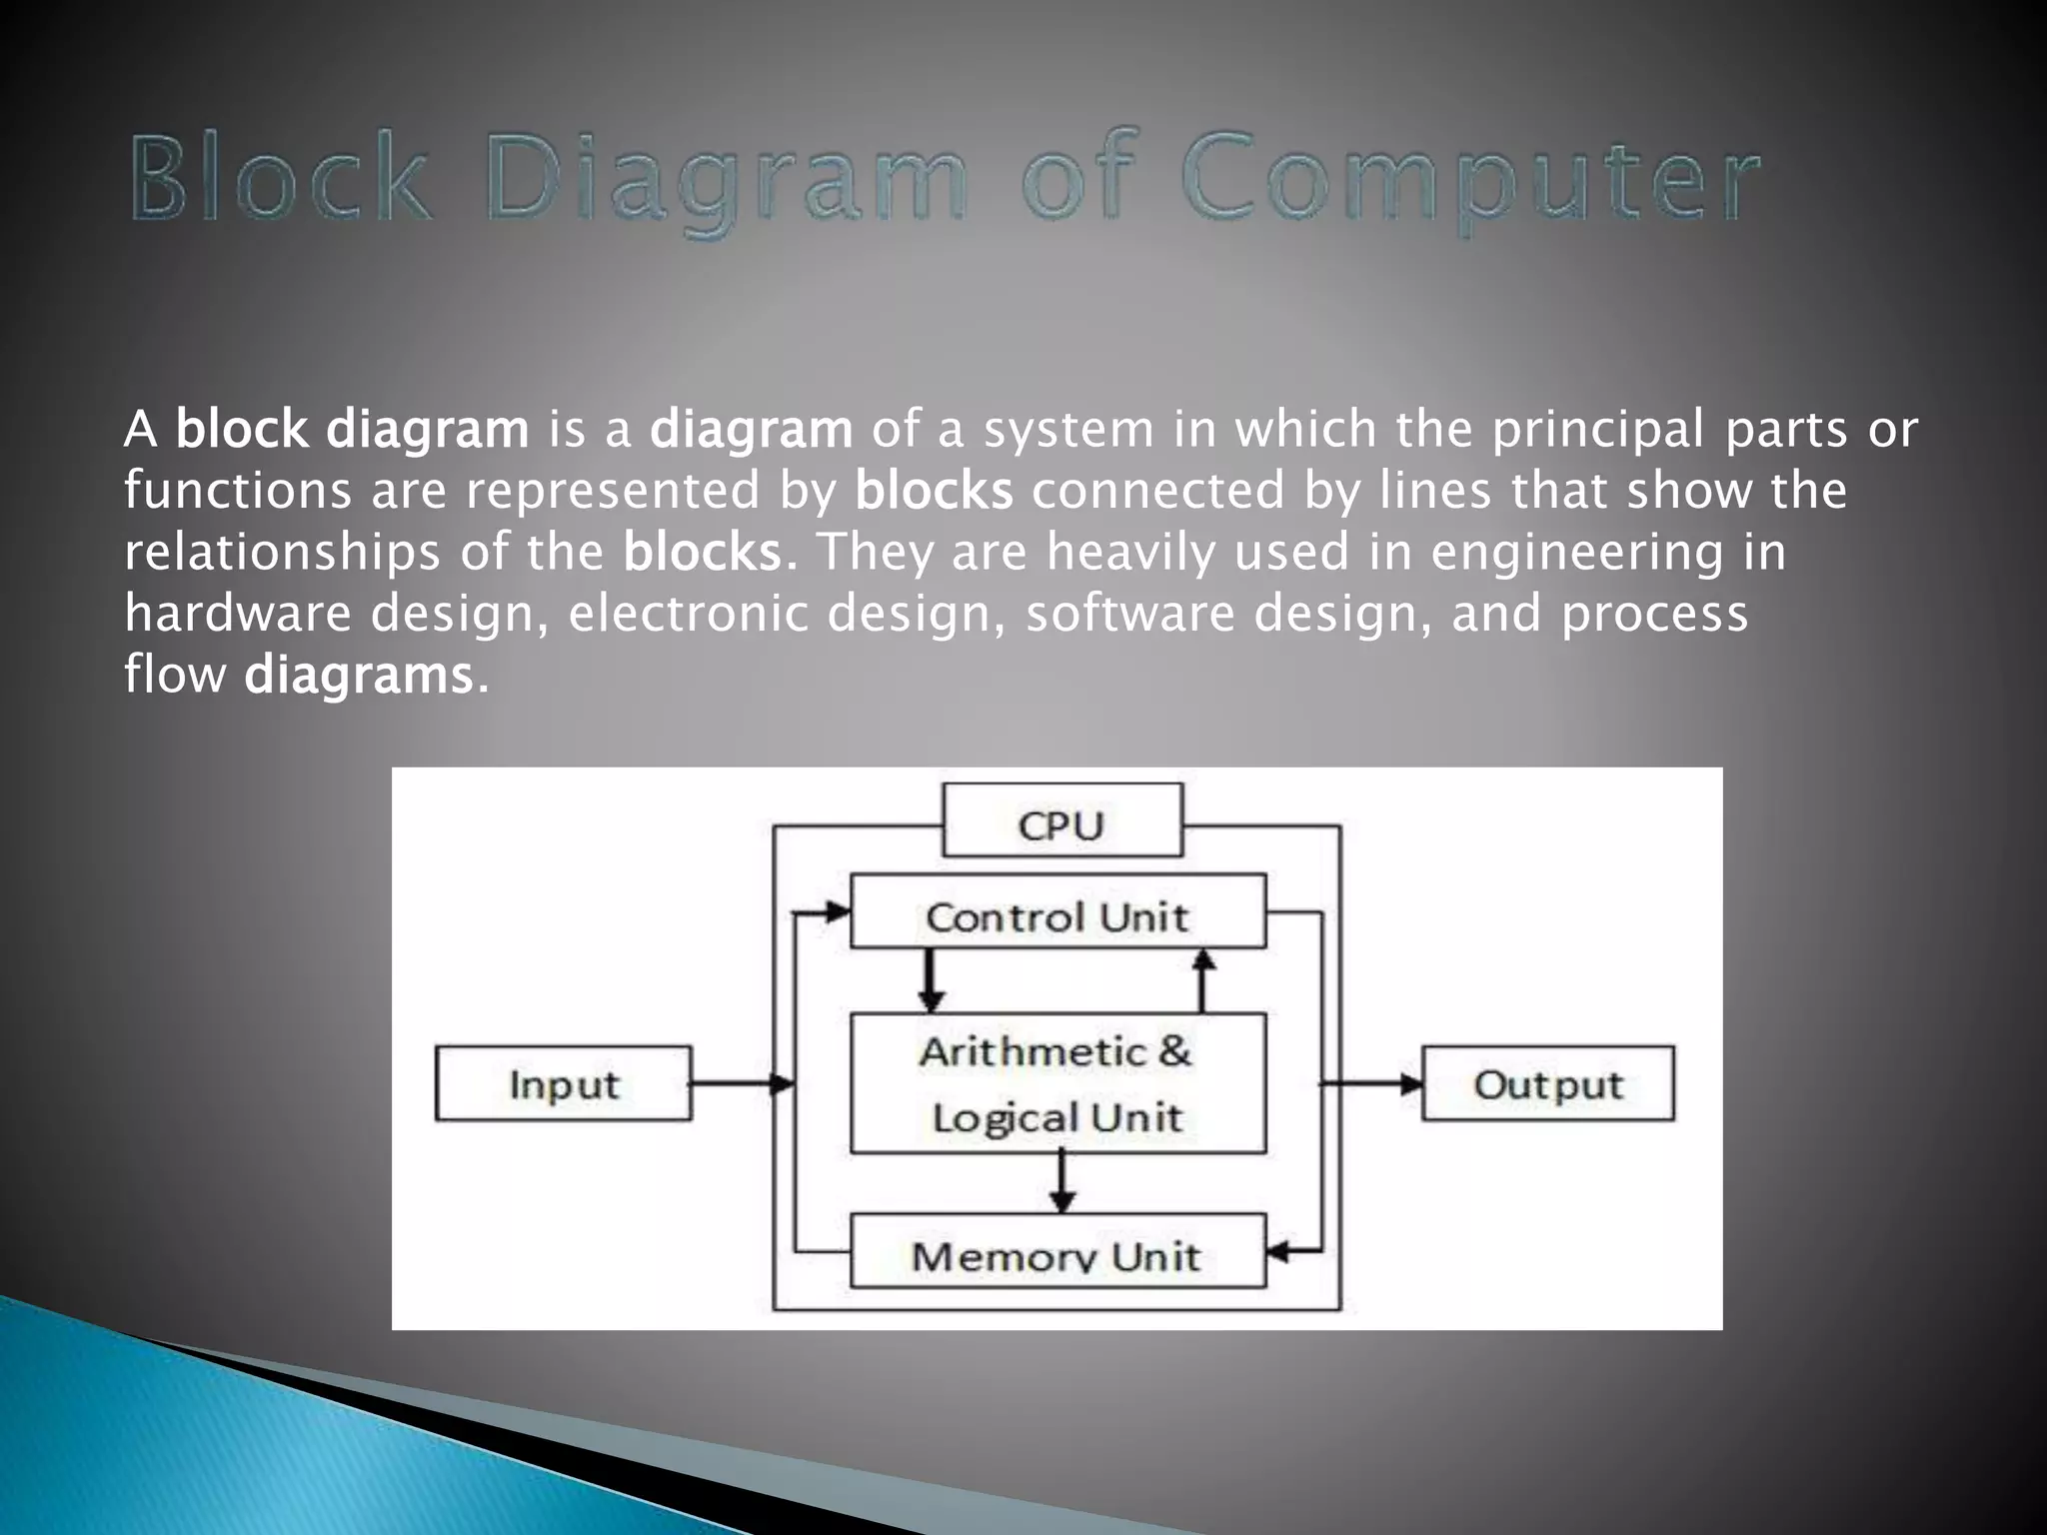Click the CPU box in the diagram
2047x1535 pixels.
coord(1061,821)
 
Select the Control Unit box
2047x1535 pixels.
coord(1057,911)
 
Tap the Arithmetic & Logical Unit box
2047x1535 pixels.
coord(1057,1083)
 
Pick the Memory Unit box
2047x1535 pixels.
coord(1057,1251)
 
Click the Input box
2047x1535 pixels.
coord(564,1083)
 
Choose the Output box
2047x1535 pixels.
coord(1547,1083)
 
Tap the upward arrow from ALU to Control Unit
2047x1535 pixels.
coord(1203,979)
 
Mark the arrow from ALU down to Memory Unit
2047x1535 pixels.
coord(1061,1183)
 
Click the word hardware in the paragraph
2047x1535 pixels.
coord(238,614)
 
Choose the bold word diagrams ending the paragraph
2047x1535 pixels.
coord(358,676)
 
